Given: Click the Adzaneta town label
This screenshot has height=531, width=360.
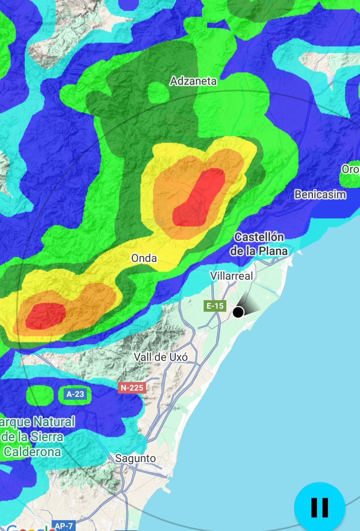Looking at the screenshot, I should pos(194,81).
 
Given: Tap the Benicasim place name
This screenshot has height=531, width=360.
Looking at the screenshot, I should pos(320,194).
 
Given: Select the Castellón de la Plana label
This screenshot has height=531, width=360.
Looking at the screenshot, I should pos(259,244).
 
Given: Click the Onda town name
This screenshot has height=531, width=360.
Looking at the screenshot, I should pos(144,258).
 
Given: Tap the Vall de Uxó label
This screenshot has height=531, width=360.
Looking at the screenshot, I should pos(161,357).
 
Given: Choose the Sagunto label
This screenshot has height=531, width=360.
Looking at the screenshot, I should pos(135,458).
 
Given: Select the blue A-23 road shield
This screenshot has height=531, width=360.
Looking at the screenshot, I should pos(75,394).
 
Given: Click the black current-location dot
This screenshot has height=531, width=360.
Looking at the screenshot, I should pos(238,312).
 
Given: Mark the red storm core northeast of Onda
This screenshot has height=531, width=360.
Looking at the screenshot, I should pos(199,198).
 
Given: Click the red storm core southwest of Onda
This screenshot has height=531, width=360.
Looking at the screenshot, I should pos(46,316).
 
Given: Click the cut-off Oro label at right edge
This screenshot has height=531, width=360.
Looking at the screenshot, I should pos(350,169).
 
